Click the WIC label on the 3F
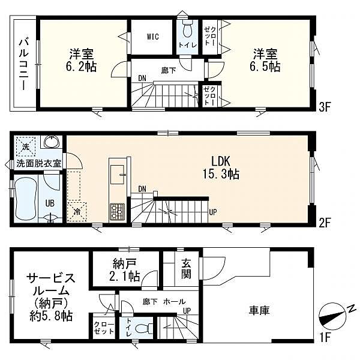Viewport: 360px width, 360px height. point(152,37)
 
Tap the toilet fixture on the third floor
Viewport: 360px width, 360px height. point(188,28)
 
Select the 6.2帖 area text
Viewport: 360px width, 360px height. point(80,67)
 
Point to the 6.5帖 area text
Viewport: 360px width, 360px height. point(265,67)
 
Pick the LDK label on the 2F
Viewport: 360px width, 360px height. point(221,161)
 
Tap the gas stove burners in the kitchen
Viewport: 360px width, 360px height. point(117,211)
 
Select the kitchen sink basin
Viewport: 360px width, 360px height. point(118,175)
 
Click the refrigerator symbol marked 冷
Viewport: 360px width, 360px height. point(77,212)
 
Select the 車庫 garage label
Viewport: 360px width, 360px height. point(259,310)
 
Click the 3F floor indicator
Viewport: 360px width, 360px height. point(325,107)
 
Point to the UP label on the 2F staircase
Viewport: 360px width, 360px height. point(213,212)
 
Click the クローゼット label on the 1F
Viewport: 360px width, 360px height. point(104,328)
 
